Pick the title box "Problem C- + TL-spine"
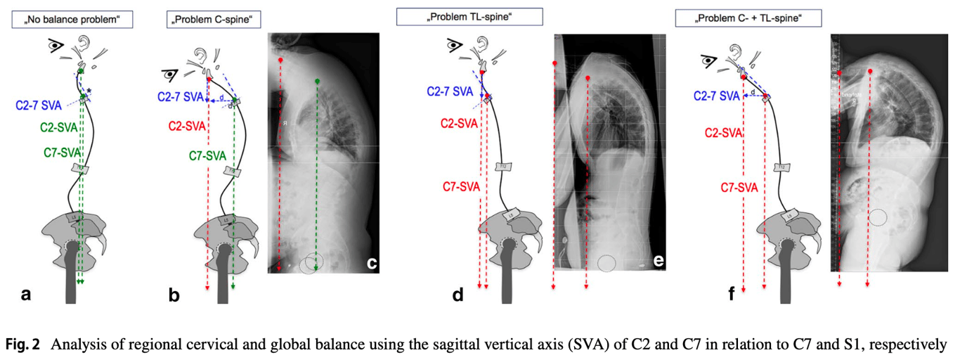pos(748,18)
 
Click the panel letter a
pos(26,295)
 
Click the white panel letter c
pos(372,264)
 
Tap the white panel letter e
pos(659,261)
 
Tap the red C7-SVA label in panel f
pos(739,187)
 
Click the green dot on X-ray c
pos(318,82)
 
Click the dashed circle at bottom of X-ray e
pos(607,263)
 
